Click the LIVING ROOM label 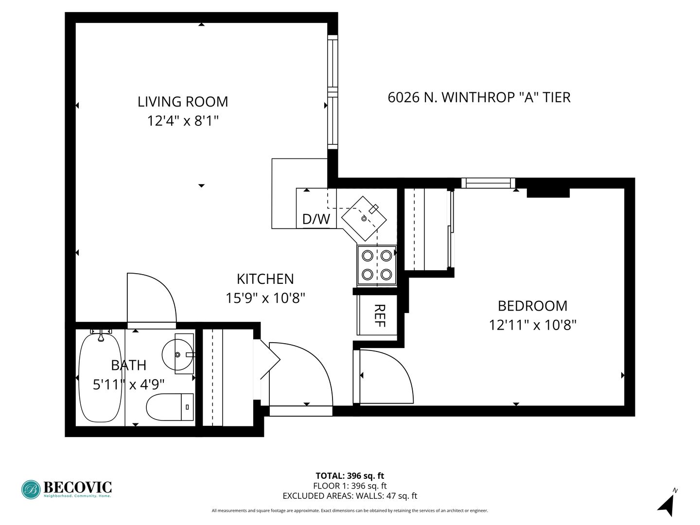click(183, 102)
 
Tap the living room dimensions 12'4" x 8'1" click(183, 121)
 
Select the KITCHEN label click(265, 279)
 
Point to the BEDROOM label click(533, 306)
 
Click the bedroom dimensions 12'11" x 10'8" click(533, 326)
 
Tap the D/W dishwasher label click(316, 219)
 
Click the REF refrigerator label click(380, 315)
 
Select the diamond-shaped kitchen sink click(364, 218)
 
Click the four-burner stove click(377, 265)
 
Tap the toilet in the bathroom click(170, 407)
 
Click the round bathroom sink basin click(177, 354)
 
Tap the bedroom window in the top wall click(488, 183)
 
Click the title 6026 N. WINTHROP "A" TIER click(479, 98)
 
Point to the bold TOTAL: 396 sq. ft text click(350, 475)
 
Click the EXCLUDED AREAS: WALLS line click(350, 496)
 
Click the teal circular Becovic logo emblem click(31, 490)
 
